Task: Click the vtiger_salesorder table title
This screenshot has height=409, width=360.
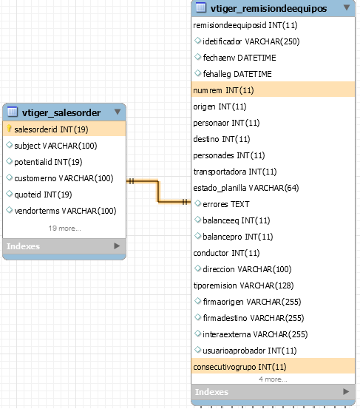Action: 61,112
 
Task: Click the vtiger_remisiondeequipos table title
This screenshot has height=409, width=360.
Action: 268,8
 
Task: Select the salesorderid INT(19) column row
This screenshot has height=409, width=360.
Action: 64,129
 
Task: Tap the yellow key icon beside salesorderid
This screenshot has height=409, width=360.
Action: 9,129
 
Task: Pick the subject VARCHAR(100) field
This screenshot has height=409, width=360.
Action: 55,146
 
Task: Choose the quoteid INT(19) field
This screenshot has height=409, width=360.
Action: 43,195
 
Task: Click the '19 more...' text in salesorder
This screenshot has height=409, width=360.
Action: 64,229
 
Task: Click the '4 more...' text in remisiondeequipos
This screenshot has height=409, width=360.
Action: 273,379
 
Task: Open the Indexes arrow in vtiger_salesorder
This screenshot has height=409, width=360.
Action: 117,246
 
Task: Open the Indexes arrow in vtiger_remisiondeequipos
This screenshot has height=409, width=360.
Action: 346,391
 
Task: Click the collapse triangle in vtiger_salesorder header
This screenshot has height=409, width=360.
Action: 118,112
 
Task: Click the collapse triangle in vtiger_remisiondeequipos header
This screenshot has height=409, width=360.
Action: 347,7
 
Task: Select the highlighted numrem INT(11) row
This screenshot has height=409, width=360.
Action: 273,90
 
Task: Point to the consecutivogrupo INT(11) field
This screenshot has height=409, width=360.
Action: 240,367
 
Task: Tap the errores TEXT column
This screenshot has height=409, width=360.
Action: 226,204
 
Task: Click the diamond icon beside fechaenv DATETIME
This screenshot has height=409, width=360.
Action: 198,57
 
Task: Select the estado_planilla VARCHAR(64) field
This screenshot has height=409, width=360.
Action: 246,188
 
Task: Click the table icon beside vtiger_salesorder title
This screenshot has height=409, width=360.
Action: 13,112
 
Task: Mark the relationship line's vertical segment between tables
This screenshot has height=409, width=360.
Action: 158,191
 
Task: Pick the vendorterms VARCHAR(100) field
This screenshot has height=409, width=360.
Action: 65,211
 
